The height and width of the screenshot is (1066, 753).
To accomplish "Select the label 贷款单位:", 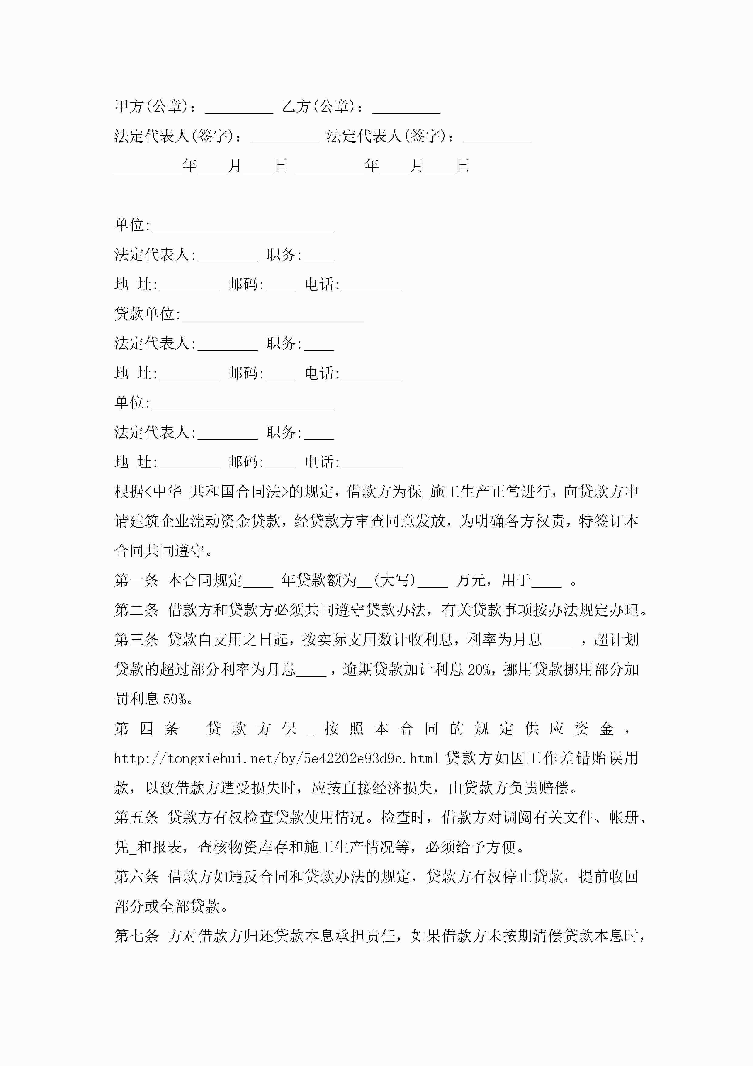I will pyautogui.click(x=147, y=314).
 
